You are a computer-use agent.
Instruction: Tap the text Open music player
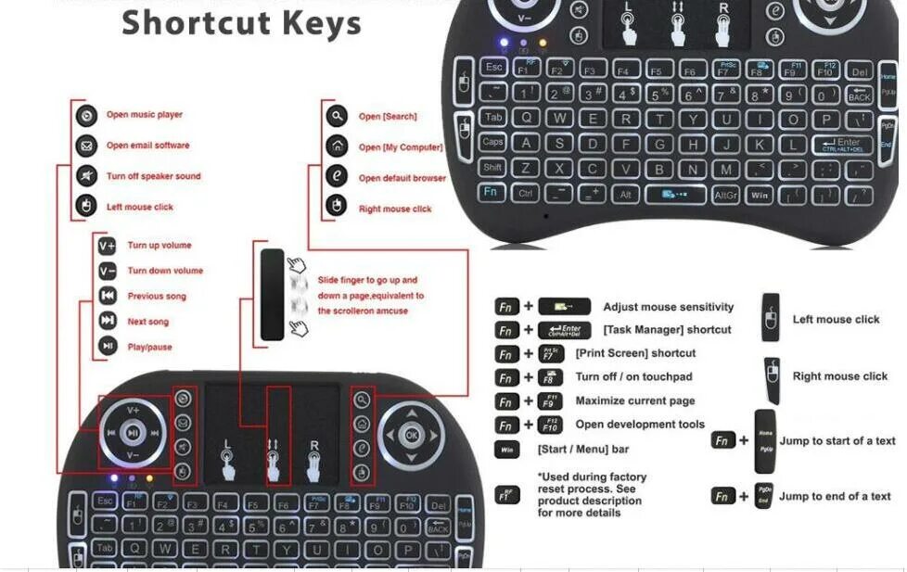(x=144, y=115)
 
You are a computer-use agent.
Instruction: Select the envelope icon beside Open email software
(x=86, y=146)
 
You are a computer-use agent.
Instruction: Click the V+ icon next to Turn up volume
(x=108, y=246)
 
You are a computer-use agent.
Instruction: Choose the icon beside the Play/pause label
(x=108, y=347)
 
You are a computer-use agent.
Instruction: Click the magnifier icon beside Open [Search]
(x=336, y=117)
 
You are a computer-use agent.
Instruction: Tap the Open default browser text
(x=402, y=178)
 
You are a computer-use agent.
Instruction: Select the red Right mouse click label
(x=395, y=210)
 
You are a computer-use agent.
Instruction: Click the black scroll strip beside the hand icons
(x=273, y=295)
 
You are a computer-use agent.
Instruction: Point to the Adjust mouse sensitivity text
(x=668, y=307)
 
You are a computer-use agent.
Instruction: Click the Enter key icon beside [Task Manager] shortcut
(x=564, y=330)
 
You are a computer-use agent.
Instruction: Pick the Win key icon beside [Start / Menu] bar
(x=506, y=450)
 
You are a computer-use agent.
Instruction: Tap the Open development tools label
(x=640, y=425)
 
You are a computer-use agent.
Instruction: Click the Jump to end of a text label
(x=835, y=496)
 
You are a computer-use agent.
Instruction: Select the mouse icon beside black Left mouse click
(x=771, y=318)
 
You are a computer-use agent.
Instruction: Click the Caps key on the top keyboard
(x=492, y=143)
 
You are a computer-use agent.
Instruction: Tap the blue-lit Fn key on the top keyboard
(x=492, y=192)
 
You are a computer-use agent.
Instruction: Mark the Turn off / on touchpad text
(x=633, y=377)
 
